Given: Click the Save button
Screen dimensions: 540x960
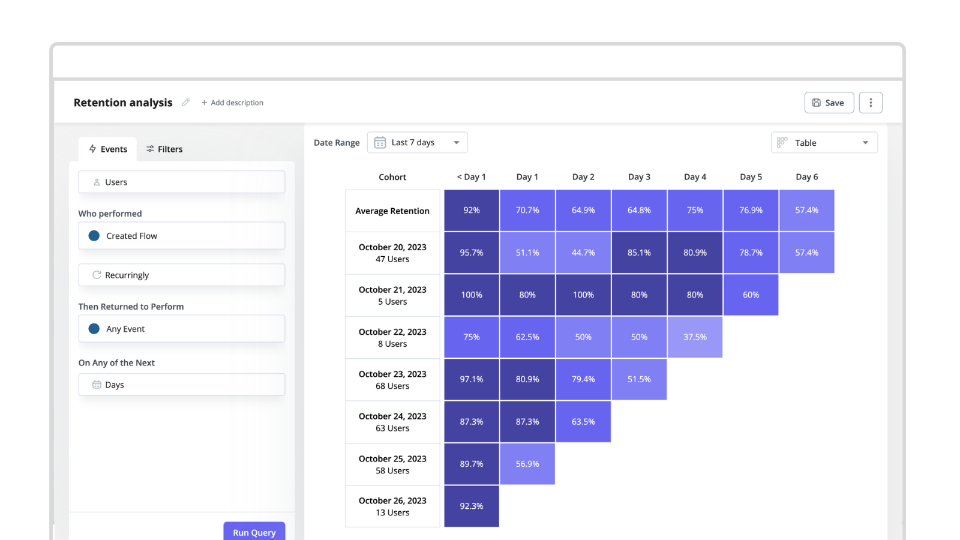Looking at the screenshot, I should pyautogui.click(x=829, y=103).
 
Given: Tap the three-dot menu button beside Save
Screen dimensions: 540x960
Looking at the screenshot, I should pyautogui.click(x=871, y=103).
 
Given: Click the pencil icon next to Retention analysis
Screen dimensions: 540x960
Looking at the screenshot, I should pyautogui.click(x=186, y=103).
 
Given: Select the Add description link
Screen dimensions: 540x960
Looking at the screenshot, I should pyautogui.click(x=233, y=103).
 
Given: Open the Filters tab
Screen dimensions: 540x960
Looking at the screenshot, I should pyautogui.click(x=164, y=149).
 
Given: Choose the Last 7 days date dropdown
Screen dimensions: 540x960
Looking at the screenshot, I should pyautogui.click(x=417, y=142).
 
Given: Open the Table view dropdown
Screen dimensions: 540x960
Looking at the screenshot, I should pyautogui.click(x=824, y=143).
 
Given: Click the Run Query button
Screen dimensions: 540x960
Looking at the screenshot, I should pyautogui.click(x=254, y=532).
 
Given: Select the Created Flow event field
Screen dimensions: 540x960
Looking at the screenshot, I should pyautogui.click(x=181, y=236).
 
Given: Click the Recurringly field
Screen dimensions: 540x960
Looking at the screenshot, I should pyautogui.click(x=181, y=275).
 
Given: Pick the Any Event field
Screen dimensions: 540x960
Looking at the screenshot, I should pyautogui.click(x=181, y=329).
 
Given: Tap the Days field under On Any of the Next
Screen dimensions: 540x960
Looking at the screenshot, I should pyautogui.click(x=181, y=385).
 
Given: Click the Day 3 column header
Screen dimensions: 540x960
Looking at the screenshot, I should pyautogui.click(x=639, y=177).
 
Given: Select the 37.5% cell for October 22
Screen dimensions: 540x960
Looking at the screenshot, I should pyautogui.click(x=695, y=337).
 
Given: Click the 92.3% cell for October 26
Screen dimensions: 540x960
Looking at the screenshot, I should pyautogui.click(x=472, y=506).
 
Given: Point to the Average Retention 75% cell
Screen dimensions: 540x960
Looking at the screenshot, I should pyautogui.click(x=695, y=211).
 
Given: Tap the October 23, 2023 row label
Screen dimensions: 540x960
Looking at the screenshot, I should pyautogui.click(x=392, y=380).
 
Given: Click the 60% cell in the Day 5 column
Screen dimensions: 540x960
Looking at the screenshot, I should pyautogui.click(x=751, y=295).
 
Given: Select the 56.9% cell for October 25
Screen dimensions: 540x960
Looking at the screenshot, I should pyautogui.click(x=527, y=464).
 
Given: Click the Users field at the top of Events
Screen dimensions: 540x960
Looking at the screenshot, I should pyautogui.click(x=181, y=182).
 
